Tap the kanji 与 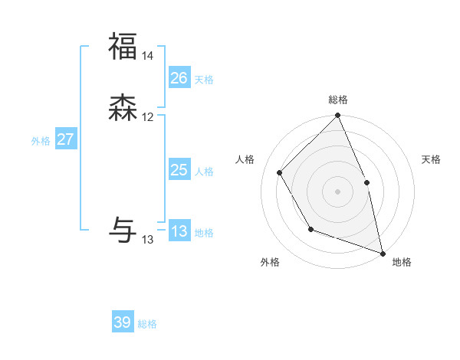(123, 227)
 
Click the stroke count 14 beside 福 (148, 56)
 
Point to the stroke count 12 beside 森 (148, 117)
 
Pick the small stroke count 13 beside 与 (148, 240)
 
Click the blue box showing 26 (179, 78)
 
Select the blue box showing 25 (179, 170)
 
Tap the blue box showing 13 (179, 231)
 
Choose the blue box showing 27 (66, 139)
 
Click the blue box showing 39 (123, 322)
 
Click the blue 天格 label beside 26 (204, 80)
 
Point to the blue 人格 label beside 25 (204, 172)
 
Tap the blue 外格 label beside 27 (41, 141)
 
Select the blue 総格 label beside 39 (148, 324)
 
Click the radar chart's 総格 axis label (338, 100)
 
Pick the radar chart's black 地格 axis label (402, 262)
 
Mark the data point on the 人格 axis (280, 172)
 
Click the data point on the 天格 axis (366, 182)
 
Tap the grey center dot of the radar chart (337, 191)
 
